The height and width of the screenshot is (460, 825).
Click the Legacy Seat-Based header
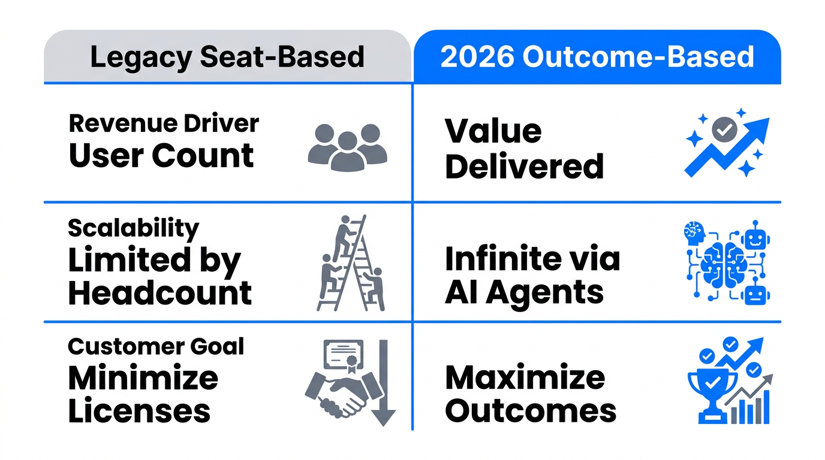(x=227, y=57)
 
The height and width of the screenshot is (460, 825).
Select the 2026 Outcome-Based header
(x=597, y=57)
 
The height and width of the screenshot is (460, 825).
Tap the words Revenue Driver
(x=164, y=123)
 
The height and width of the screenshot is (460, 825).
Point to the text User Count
(x=161, y=155)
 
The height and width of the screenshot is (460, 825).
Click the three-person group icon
(x=347, y=147)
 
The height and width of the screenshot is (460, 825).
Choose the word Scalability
(x=133, y=228)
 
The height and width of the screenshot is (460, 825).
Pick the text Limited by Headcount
(x=159, y=277)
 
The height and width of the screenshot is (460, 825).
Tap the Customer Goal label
(x=156, y=346)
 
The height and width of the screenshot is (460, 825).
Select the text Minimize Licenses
(x=143, y=394)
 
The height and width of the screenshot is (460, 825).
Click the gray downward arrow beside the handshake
(x=383, y=383)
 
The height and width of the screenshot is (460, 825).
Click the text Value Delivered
(x=523, y=149)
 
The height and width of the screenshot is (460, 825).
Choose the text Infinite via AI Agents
(x=532, y=276)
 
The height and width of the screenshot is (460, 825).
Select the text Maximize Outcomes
(x=531, y=394)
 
